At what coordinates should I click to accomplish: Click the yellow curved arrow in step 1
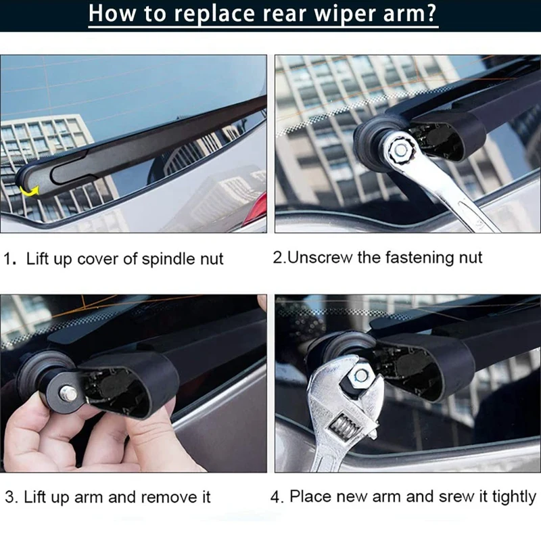pyautogui.click(x=28, y=191)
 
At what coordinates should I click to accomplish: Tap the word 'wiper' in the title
pyautogui.click(x=344, y=13)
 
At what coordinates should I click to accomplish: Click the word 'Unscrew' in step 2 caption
pyautogui.click(x=320, y=258)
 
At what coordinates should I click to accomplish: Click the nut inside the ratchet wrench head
pyautogui.click(x=400, y=149)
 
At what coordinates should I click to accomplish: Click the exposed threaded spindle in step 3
pyautogui.click(x=68, y=394)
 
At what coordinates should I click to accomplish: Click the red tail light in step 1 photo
pyautogui.click(x=259, y=208)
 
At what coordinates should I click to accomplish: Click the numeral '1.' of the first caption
pyautogui.click(x=10, y=259)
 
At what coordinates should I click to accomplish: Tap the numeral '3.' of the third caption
pyautogui.click(x=11, y=497)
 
